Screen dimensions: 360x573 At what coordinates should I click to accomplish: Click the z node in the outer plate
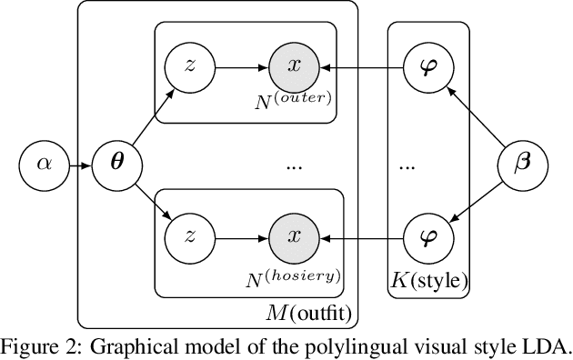(189, 66)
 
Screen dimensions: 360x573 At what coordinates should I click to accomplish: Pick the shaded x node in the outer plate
(292, 66)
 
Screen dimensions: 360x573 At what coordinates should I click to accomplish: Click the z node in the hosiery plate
(189, 237)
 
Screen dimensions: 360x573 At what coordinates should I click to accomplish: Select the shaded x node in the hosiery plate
(292, 237)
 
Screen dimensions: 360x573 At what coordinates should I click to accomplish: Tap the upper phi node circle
(427, 66)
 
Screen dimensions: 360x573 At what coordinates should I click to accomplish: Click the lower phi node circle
(427, 237)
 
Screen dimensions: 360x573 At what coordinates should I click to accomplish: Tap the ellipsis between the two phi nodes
(407, 167)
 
